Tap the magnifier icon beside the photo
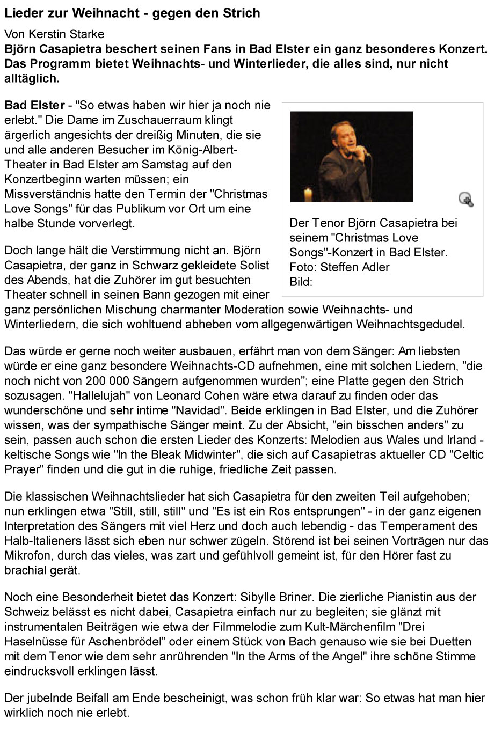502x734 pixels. (x=466, y=199)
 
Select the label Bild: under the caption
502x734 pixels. (x=301, y=282)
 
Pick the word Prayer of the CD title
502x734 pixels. (x=22, y=469)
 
